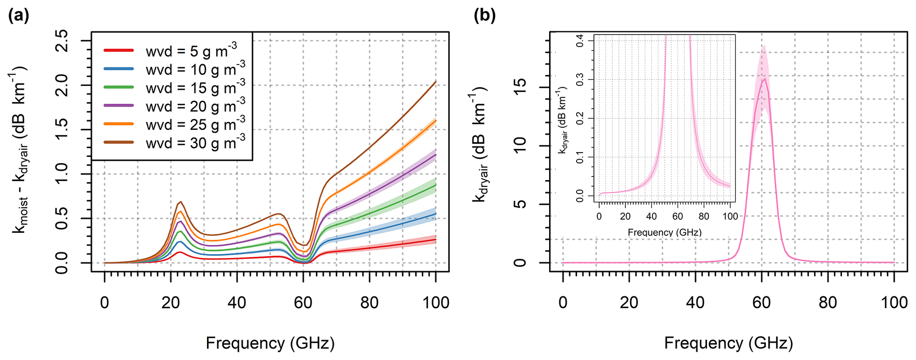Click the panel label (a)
tap(19, 16)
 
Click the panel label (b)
tap(485, 16)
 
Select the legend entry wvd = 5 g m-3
tap(191, 51)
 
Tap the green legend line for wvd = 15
tap(119, 87)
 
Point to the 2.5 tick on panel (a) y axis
tap(62, 41)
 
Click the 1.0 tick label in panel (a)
tap(62, 174)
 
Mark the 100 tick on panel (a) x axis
tap(436, 303)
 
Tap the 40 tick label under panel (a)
tap(237, 303)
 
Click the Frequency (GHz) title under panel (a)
tap(270, 343)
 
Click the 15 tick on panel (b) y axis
tap(521, 87)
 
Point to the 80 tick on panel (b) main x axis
tap(828, 303)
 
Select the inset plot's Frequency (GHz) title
tap(665, 232)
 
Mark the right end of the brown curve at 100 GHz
tap(436, 82)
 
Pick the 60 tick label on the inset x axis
tap(678, 217)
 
